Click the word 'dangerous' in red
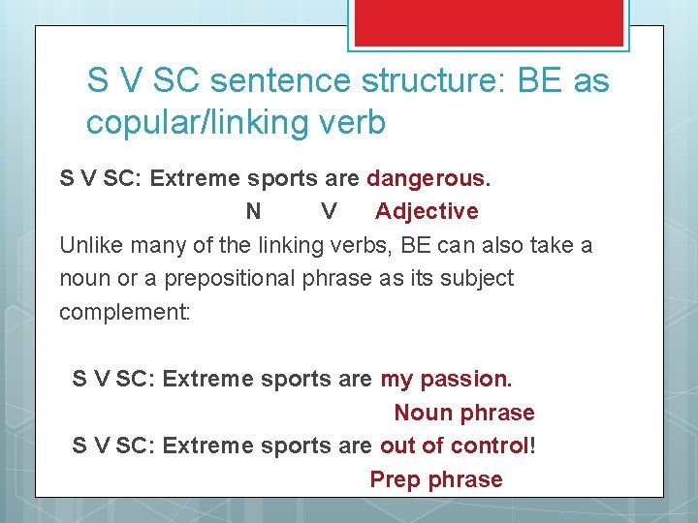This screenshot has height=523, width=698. pos(426,178)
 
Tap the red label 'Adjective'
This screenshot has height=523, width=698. pos(427,211)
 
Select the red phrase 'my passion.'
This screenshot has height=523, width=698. pos(446,379)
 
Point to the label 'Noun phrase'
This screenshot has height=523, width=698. pos(463,413)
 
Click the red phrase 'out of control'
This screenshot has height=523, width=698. pos(455,446)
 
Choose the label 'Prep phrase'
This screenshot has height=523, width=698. pos(436,479)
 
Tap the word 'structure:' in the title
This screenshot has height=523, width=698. pos(432,79)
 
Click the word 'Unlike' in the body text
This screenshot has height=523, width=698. pos(90,245)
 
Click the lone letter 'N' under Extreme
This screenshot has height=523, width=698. pos(253,211)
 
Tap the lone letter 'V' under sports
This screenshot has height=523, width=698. pos(330,211)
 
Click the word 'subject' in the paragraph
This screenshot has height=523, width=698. pos(475,279)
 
